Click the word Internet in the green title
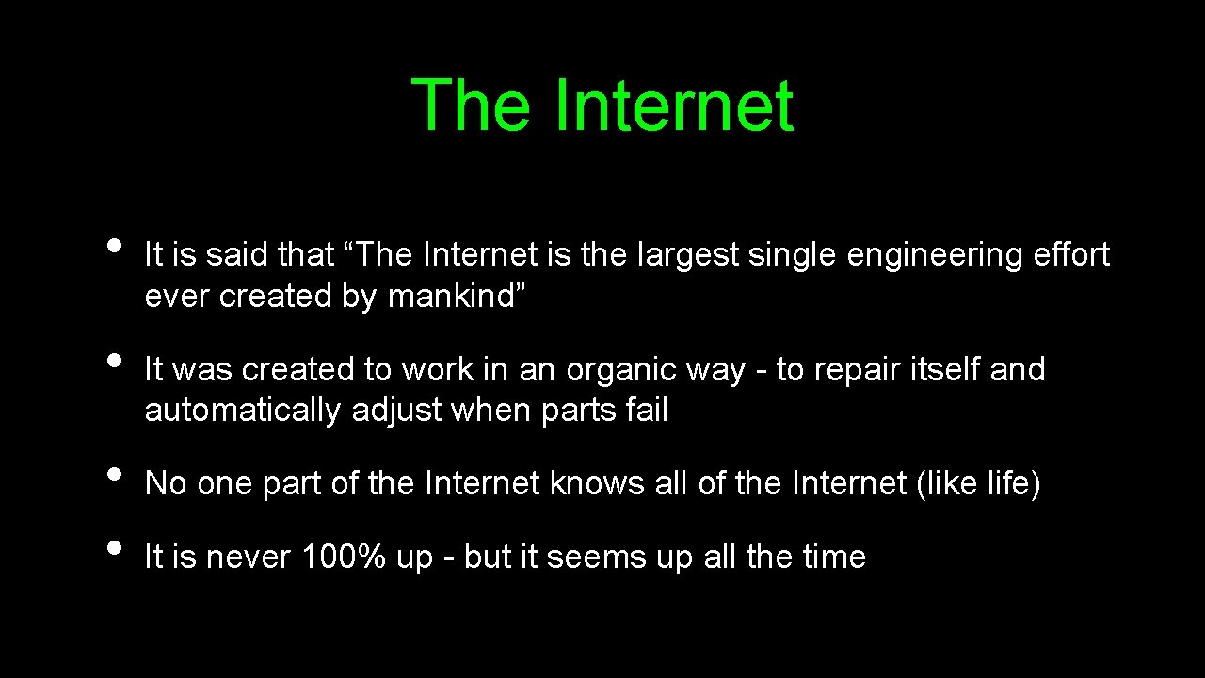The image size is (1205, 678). (x=674, y=105)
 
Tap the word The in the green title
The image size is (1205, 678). (x=471, y=105)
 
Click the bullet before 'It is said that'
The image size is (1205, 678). (x=114, y=245)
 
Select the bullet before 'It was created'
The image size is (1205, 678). (x=114, y=360)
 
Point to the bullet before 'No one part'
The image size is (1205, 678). (x=114, y=474)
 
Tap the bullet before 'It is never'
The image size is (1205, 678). (x=114, y=547)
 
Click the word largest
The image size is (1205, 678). (x=688, y=255)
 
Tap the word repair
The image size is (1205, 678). (x=857, y=370)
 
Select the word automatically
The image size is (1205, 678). (x=243, y=412)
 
